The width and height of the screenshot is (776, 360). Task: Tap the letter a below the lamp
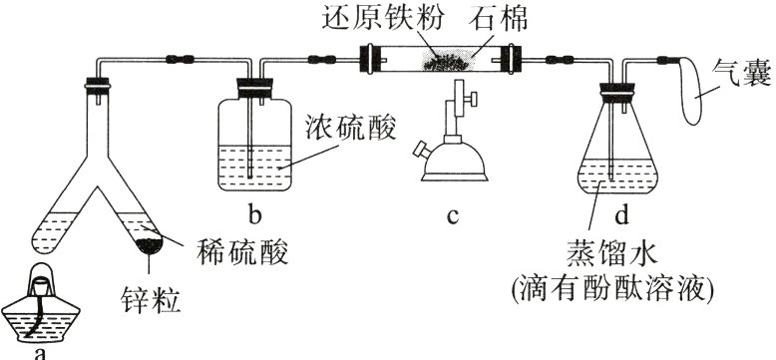[40, 351]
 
